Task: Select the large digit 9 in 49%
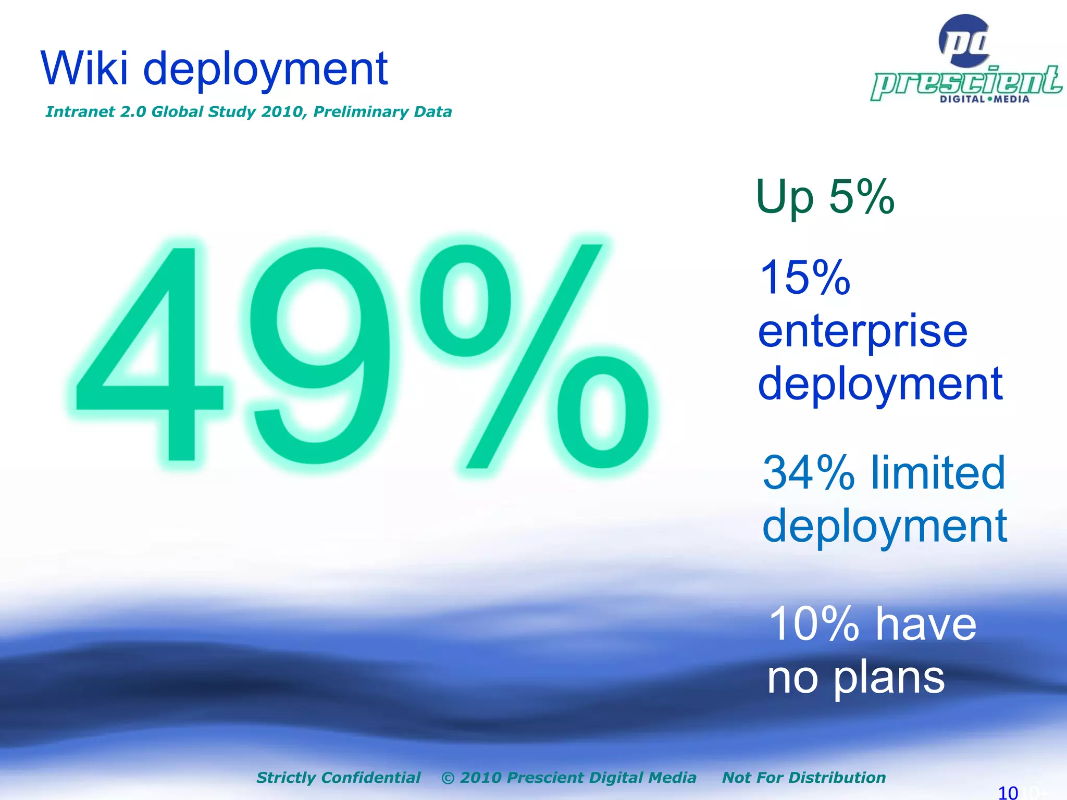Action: tap(318, 354)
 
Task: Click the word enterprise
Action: tap(863, 332)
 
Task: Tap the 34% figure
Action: tap(808, 473)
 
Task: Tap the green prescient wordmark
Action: tap(966, 82)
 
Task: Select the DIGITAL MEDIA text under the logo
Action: tap(984, 99)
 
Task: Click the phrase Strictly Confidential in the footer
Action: tap(338, 778)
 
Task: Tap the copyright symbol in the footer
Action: tap(448, 778)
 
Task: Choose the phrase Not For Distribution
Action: tap(803, 778)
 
